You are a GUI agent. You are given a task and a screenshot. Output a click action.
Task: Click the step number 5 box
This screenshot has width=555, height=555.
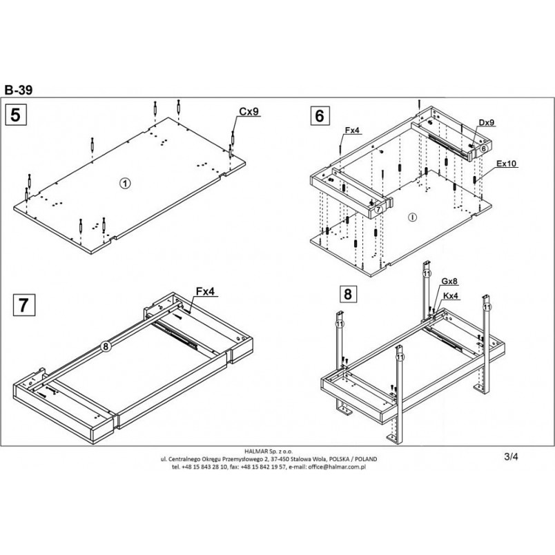(x=16, y=115)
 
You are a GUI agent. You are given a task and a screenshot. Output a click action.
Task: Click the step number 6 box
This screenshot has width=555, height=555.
(x=320, y=115)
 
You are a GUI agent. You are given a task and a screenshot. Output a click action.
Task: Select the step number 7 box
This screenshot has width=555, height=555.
(x=23, y=304)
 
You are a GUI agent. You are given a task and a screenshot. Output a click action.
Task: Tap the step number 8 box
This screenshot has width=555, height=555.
(x=348, y=294)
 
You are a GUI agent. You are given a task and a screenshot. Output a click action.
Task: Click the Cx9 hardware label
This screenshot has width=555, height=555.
(x=249, y=112)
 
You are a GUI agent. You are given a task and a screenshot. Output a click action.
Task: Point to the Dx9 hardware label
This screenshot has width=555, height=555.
(x=487, y=122)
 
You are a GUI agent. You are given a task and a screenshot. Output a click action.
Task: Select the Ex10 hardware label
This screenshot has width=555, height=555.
(x=506, y=164)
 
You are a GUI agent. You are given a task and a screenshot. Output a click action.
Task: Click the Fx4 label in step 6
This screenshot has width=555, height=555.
(x=352, y=130)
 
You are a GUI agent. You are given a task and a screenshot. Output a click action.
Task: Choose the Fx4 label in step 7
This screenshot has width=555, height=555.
(x=205, y=291)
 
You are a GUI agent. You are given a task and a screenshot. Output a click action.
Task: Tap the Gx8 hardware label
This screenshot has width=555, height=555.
(x=449, y=282)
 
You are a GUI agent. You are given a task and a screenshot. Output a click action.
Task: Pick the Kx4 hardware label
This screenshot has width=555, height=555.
(x=451, y=296)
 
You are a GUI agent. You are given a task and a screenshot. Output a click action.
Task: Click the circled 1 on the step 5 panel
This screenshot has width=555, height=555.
(x=125, y=183)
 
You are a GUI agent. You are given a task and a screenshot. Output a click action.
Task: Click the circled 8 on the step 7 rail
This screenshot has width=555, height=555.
(x=106, y=346)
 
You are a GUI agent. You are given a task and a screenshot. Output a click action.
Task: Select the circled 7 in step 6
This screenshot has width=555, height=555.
(x=378, y=210)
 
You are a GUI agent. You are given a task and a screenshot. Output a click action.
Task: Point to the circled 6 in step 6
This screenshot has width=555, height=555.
(x=484, y=149)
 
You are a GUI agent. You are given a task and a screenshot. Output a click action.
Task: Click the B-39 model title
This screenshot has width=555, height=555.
(x=19, y=90)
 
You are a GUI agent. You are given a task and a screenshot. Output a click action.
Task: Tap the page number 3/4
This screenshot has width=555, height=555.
(x=511, y=456)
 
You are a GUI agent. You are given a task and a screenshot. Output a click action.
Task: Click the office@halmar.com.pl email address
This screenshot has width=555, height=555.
(x=337, y=467)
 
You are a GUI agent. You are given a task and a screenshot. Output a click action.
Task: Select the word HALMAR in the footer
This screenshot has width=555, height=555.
(x=256, y=451)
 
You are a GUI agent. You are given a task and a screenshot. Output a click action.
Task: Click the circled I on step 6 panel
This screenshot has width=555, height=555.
(x=412, y=217)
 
